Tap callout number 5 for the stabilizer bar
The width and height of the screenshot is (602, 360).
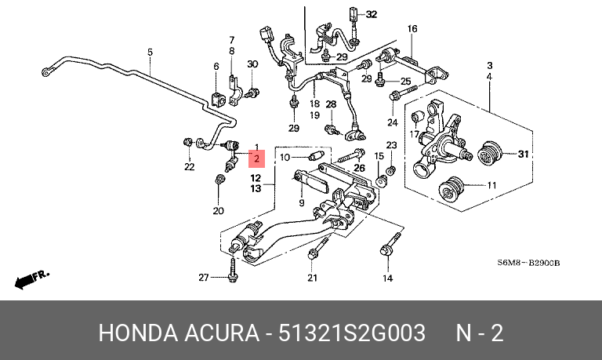pyautogui.click(x=150, y=53)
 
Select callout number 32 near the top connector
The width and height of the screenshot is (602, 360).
pyautogui.click(x=371, y=14)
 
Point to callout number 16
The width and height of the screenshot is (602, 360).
pyautogui.click(x=412, y=29)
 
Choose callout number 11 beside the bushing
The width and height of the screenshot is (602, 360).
pyautogui.click(x=491, y=186)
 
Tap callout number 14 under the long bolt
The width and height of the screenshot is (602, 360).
pyautogui.click(x=386, y=278)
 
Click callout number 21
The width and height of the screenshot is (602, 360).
pyautogui.click(x=312, y=278)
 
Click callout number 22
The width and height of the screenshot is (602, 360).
pyautogui.click(x=189, y=167)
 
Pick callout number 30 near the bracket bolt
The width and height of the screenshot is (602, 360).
pyautogui.click(x=252, y=64)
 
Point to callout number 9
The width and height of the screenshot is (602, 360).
pyautogui.click(x=300, y=203)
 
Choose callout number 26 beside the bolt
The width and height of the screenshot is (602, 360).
pyautogui.click(x=359, y=167)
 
